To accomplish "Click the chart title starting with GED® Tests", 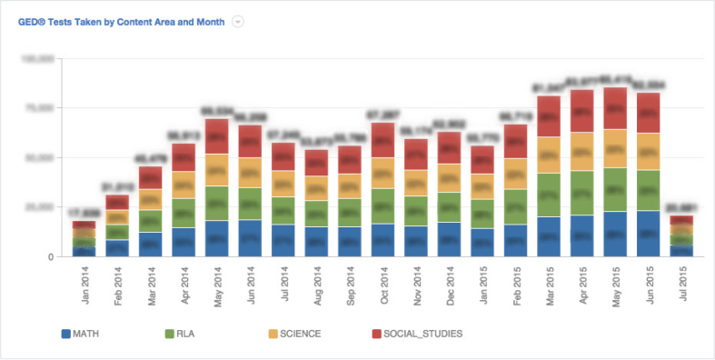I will tap(123, 21).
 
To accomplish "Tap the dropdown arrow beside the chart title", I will tap(238, 21).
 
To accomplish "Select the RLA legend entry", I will tap(185, 334).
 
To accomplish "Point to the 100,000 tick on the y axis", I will tap(39, 58).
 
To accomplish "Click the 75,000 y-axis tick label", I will tap(42, 107).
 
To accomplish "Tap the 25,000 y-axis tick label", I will tap(42, 206).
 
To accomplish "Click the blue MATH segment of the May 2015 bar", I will tap(615, 234).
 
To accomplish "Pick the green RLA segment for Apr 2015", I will tap(582, 193).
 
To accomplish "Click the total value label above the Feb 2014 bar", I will tap(117, 187).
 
